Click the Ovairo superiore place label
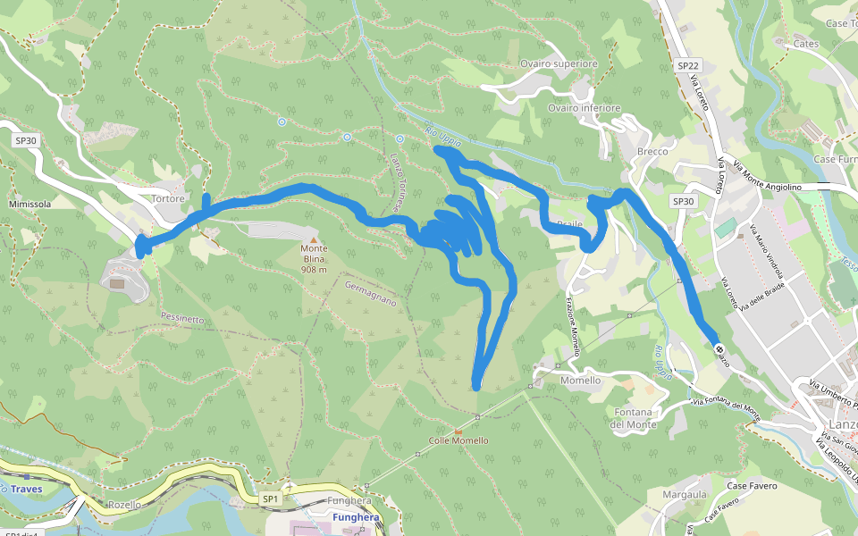point(559,64)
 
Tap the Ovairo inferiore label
point(584,108)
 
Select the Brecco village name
point(652,152)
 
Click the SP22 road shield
point(688,66)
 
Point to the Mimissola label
point(29,204)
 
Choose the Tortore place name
point(168,199)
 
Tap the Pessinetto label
point(183,318)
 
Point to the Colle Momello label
point(458,440)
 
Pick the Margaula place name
point(686,494)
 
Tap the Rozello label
point(124,505)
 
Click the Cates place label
point(806,43)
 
